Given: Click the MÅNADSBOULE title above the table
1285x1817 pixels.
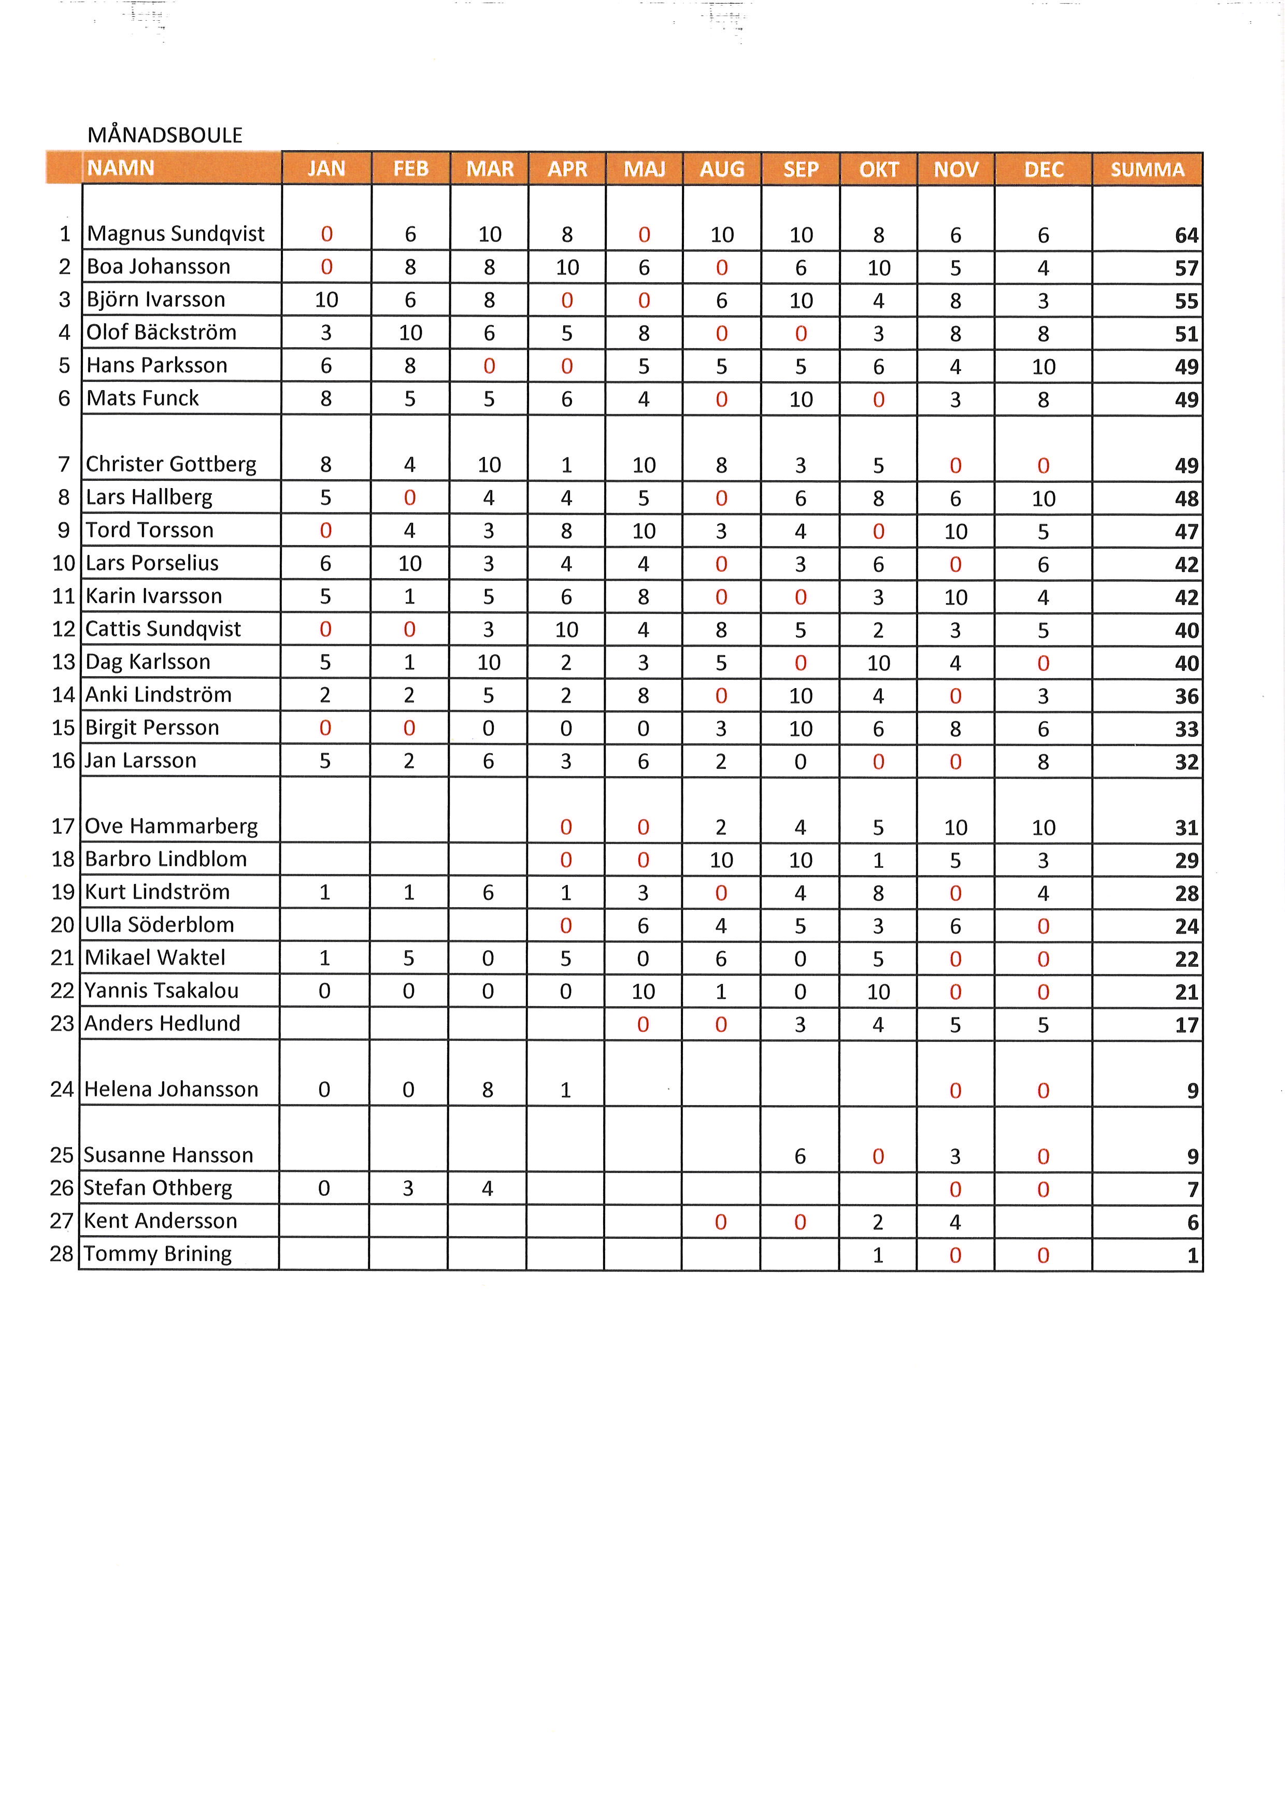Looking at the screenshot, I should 165,135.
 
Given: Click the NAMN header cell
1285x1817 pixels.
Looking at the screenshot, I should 121,168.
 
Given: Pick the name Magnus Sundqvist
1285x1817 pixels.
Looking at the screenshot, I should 176,234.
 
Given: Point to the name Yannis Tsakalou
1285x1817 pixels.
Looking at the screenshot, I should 162,991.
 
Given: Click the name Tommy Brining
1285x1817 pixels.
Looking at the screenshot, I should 158,1254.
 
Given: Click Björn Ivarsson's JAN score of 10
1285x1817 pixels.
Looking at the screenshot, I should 326,300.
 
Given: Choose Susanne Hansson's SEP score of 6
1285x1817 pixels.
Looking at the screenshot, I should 800,1156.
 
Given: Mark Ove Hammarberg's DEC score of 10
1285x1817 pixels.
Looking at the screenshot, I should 1043,828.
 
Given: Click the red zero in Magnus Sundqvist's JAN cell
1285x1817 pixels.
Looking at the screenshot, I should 326,234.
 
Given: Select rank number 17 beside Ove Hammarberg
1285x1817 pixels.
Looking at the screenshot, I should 63,826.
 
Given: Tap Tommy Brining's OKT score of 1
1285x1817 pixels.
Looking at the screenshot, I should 878,1255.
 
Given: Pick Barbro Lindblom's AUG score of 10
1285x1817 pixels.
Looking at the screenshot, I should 721,860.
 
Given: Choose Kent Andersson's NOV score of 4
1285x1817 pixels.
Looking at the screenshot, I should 955,1223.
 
